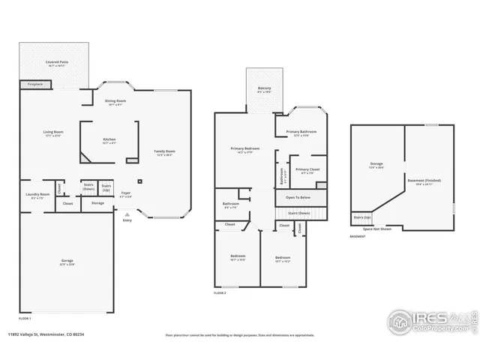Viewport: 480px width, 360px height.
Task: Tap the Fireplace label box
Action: (x=35, y=85)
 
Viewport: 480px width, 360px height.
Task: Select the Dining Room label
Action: (x=115, y=101)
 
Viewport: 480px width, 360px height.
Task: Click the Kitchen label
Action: (x=109, y=140)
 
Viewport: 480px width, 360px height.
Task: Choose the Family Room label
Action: (x=164, y=152)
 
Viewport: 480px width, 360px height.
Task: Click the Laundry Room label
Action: (x=37, y=195)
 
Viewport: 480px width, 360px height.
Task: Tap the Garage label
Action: (x=67, y=262)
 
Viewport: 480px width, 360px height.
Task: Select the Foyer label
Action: (x=126, y=194)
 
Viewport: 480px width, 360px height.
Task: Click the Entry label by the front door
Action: (x=127, y=220)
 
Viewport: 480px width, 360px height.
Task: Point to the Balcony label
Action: (x=265, y=89)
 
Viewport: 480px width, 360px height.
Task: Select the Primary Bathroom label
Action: (x=301, y=133)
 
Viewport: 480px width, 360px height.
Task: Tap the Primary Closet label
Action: (x=307, y=170)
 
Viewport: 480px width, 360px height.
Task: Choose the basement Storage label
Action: (x=376, y=164)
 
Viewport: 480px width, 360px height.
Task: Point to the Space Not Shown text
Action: (x=378, y=229)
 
